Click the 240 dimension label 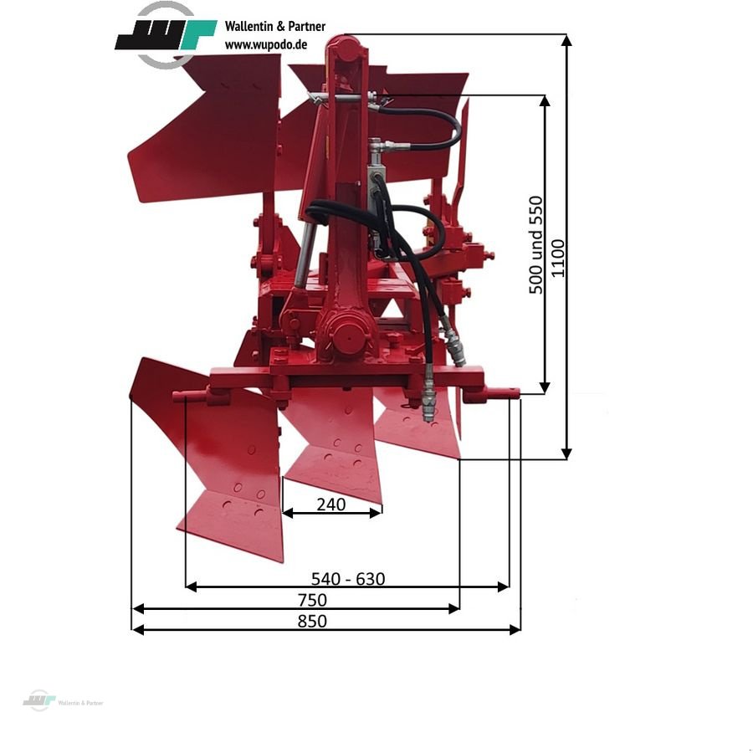coord(330,505)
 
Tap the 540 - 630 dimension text coord(348,579)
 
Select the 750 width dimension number coord(312,600)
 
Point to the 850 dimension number coord(312,621)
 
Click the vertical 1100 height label coord(557,258)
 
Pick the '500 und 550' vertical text coord(535,245)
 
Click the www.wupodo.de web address coord(265,44)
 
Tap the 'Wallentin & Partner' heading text coord(274,27)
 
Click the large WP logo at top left coord(166,34)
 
